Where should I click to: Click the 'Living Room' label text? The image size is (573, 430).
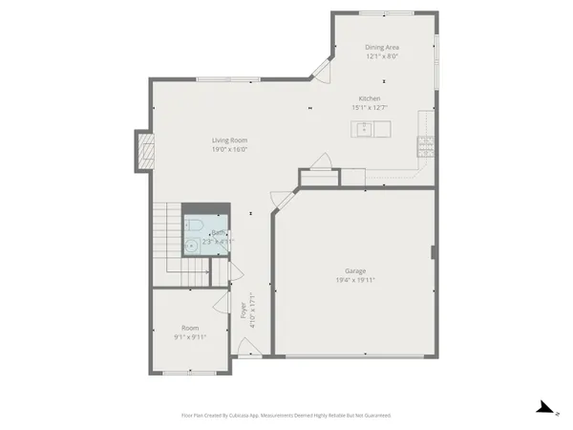229,140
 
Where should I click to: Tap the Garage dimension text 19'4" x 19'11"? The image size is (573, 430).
354,281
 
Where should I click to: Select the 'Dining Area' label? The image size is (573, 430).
382,46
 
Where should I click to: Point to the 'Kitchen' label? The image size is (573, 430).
370,99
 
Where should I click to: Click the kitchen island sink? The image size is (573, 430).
364,127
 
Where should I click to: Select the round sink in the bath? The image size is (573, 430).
192,246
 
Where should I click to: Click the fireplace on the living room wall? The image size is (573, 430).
145,151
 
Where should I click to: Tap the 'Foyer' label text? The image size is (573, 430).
244,311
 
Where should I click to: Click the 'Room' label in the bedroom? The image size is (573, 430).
189,328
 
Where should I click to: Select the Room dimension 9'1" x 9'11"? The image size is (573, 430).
189,337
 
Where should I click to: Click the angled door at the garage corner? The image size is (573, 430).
282,200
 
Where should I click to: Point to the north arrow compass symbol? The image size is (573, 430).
545,409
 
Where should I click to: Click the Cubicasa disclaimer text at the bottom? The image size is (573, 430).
286,416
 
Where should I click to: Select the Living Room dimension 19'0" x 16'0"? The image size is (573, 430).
229,149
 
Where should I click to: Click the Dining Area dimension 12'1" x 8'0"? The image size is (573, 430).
382,55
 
